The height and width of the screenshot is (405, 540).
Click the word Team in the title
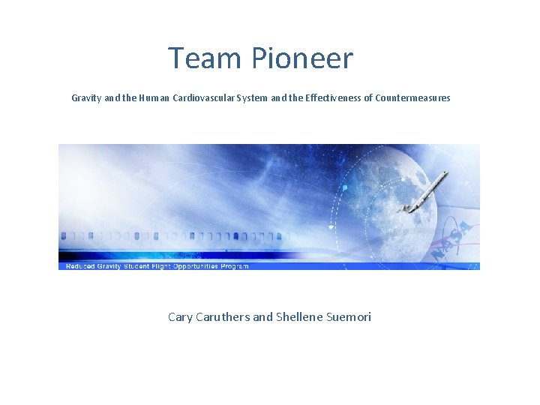(197, 58)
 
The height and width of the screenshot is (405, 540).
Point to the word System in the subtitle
(251, 98)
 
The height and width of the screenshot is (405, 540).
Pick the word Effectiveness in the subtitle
(331, 98)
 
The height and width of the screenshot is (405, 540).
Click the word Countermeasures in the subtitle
(412, 98)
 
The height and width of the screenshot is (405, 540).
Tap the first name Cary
(180, 317)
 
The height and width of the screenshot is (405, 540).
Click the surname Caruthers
(223, 317)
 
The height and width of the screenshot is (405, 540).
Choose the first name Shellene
(299, 317)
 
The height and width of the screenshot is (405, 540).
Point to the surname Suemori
(349, 317)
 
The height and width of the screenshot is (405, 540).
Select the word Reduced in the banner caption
(80, 266)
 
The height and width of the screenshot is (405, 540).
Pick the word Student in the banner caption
(136, 266)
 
